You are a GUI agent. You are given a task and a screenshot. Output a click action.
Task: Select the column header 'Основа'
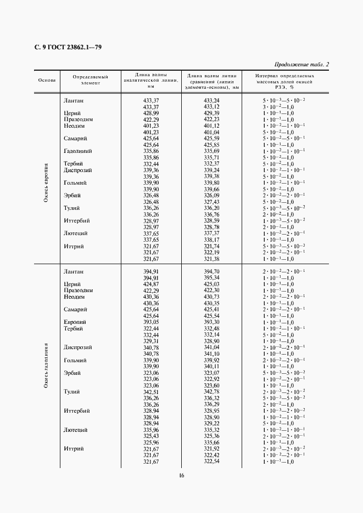pos(47,80)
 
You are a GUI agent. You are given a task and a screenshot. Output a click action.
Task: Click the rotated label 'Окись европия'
pos(47,182)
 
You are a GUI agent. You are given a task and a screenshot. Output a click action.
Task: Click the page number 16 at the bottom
pos(181,475)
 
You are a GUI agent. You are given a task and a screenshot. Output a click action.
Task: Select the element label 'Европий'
pos(75,322)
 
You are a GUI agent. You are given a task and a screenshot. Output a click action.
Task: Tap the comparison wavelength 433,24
pos(211,101)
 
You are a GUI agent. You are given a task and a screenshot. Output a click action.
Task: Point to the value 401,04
pos(211,132)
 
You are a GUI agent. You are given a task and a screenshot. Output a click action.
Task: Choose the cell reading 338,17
pos(211,240)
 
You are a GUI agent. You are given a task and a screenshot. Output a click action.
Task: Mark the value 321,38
pos(211,259)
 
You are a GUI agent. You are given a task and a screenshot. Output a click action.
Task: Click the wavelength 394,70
pos(211,271)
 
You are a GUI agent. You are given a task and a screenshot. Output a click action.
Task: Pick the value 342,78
pos(211,392)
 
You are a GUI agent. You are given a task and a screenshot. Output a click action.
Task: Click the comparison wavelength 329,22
pos(211,424)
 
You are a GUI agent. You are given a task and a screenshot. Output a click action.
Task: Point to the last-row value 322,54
pos(211,461)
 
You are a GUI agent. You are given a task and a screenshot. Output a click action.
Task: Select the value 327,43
pos(211,202)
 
